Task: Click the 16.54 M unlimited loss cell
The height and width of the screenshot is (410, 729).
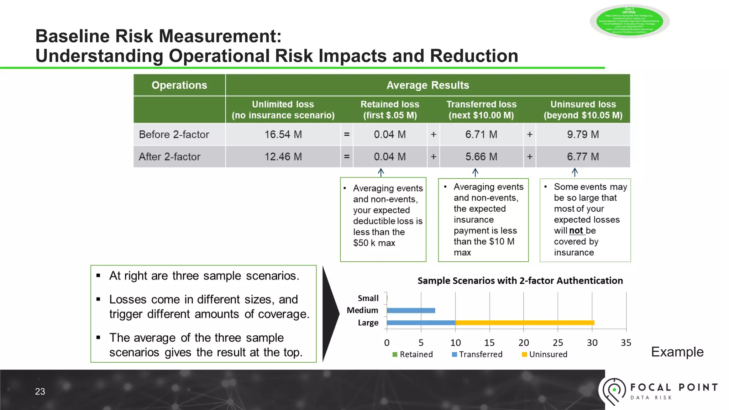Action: click(283, 135)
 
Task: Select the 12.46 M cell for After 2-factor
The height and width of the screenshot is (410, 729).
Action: click(283, 157)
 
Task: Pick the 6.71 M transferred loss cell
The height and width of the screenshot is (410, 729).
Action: click(481, 135)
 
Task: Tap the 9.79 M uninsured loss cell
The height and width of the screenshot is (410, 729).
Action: click(583, 135)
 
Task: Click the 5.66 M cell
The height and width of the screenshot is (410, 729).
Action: click(481, 157)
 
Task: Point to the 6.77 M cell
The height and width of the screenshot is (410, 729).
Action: click(583, 157)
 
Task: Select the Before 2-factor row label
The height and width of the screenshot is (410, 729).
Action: click(174, 135)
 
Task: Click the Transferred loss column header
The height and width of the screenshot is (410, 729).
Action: click(481, 110)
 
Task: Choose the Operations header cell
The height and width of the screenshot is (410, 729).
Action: click(179, 85)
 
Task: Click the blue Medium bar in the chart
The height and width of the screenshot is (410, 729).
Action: click(411, 310)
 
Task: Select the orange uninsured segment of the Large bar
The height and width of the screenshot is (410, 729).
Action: click(525, 323)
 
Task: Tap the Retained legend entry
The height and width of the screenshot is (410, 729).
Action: click(413, 354)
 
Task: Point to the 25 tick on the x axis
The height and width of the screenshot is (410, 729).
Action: click(558, 343)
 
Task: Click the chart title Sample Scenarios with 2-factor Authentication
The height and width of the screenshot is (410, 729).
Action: click(520, 281)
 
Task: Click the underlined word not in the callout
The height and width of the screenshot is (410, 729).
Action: click(576, 231)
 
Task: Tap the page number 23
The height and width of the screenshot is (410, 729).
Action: click(40, 391)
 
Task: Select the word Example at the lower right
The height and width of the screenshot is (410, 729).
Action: click(677, 352)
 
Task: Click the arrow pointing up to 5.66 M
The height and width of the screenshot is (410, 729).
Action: click(475, 173)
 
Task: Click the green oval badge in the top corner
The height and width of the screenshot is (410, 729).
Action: click(629, 21)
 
